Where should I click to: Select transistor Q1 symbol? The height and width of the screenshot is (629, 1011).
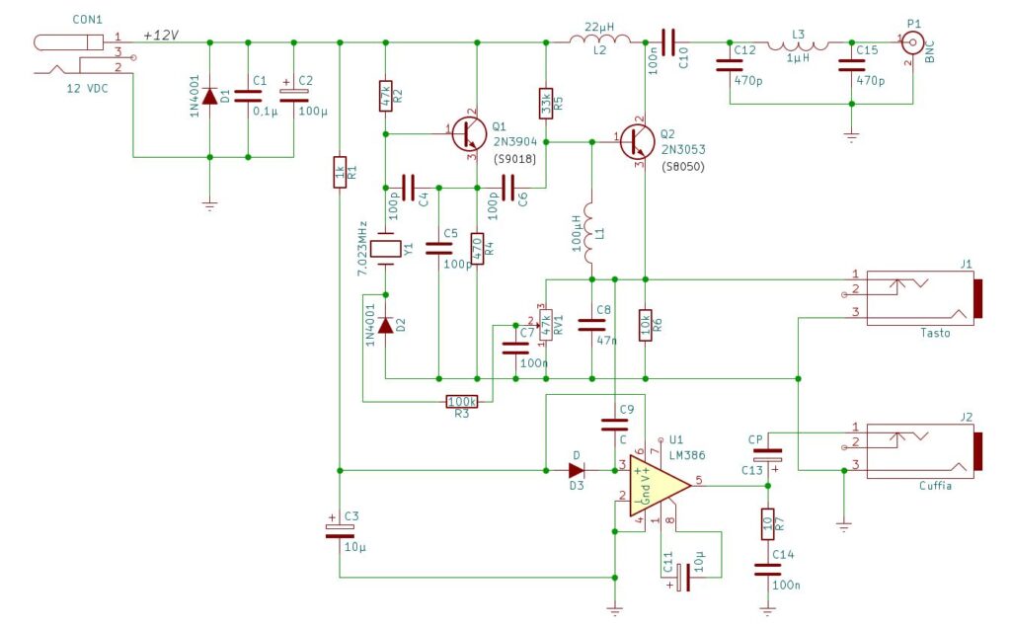469,134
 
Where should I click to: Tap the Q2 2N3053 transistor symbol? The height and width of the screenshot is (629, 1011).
637,142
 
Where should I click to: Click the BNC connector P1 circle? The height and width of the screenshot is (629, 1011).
912,43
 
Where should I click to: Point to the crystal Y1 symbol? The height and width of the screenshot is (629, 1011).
386,249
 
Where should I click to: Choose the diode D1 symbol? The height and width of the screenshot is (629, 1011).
209,97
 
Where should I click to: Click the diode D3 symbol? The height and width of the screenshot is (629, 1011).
577,470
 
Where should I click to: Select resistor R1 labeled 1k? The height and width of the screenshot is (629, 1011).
340,172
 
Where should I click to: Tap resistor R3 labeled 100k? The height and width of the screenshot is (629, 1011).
462,402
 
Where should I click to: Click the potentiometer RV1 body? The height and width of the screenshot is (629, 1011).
546,325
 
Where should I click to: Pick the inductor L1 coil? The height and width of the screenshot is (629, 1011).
589,234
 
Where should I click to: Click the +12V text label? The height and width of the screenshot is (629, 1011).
161,35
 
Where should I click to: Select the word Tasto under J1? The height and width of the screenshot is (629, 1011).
935,333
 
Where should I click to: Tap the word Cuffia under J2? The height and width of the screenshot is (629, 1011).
935,486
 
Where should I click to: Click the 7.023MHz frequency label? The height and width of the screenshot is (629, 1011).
363,248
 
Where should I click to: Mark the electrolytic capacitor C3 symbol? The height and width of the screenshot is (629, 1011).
340,530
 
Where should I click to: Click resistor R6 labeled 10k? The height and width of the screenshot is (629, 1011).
645,325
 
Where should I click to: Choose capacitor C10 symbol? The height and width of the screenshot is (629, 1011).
668,42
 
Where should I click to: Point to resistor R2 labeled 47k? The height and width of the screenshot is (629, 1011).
386,96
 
